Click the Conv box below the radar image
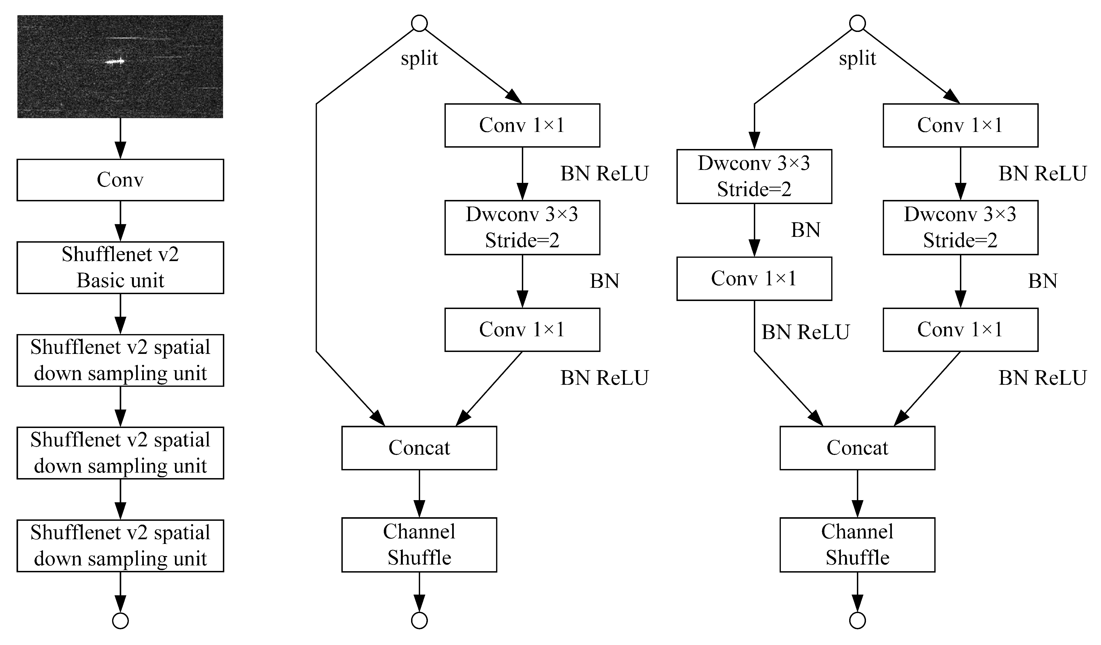[120, 180]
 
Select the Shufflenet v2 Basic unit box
[120, 267]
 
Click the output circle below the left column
[120, 620]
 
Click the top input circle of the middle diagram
[419, 23]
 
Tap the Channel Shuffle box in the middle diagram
[419, 544]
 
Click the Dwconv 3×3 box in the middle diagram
[522, 227]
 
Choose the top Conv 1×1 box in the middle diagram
[522, 125]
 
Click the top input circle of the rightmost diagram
[857, 23]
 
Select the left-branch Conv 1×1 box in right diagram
[754, 279]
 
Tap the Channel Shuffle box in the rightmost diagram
[857, 544]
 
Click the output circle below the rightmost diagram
[857, 620]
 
